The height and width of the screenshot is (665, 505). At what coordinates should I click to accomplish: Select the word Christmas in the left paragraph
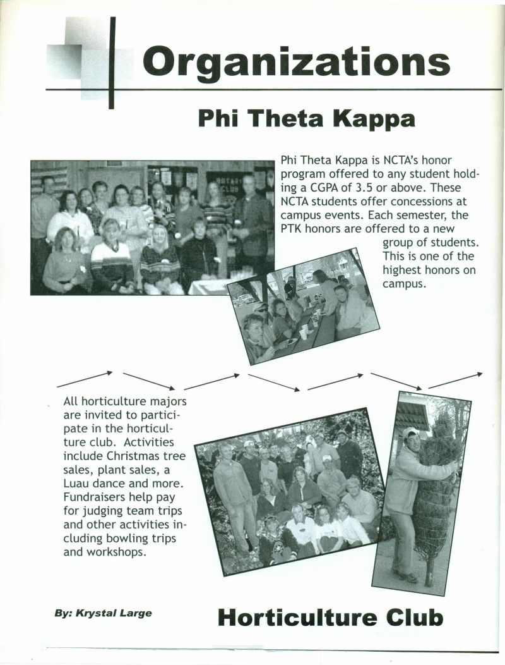tap(136, 456)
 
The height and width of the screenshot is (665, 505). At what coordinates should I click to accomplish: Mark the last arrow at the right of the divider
tap(456, 379)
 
